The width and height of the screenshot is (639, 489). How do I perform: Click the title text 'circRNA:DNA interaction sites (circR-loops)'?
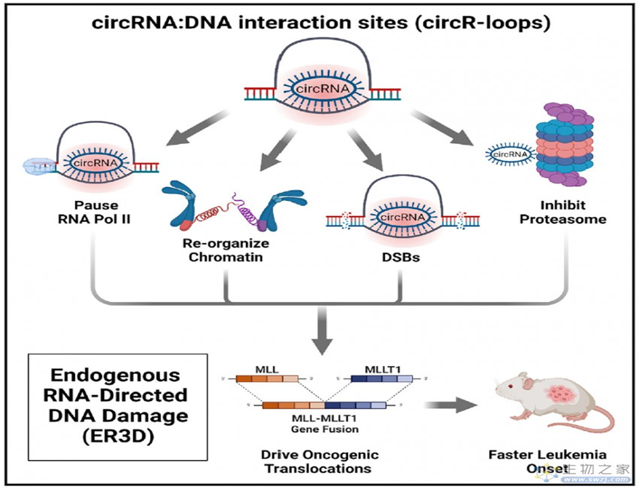pyautogui.click(x=321, y=22)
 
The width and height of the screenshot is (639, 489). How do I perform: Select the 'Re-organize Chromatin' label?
pyautogui.click(x=226, y=249)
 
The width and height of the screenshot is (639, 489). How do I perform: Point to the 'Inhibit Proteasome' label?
pyautogui.click(x=563, y=212)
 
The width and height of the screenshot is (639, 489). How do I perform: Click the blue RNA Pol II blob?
pyautogui.click(x=38, y=167)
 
